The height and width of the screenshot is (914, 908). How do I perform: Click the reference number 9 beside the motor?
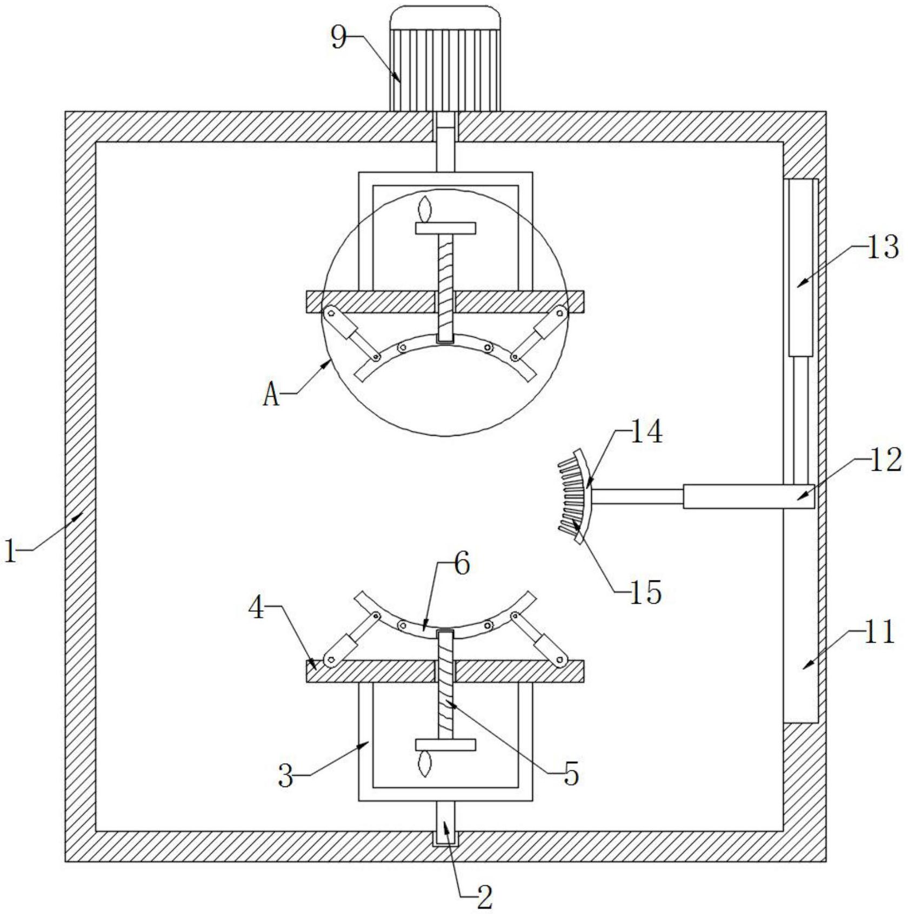[x=339, y=38]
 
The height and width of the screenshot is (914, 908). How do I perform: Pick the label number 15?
[x=645, y=592]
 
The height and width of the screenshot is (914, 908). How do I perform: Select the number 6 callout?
[x=462, y=564]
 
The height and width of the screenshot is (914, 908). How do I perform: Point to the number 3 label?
[x=286, y=777]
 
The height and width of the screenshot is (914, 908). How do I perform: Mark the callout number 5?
[x=571, y=774]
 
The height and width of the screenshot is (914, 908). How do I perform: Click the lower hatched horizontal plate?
[x=445, y=671]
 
